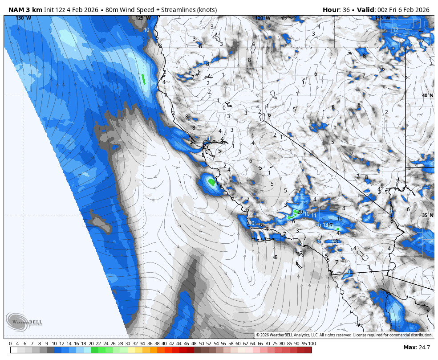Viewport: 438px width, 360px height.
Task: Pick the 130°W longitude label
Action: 23,18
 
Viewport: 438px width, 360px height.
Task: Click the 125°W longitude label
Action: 143,18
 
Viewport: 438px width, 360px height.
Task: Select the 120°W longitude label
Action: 263,18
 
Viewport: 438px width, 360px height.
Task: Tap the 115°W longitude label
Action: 382,18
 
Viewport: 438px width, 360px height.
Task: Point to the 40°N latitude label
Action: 427,96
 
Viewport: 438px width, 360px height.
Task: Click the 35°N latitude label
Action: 427,216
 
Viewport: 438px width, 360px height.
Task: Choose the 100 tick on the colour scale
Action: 312,344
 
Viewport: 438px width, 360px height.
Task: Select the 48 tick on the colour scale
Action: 194,344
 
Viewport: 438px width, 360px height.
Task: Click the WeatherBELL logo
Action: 18,322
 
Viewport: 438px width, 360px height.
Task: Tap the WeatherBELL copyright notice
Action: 344,335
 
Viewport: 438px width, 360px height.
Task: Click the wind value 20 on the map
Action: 300,212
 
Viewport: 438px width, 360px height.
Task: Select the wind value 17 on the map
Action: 330,225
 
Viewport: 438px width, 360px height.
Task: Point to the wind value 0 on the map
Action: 224,107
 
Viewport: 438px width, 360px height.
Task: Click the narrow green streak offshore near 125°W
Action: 143,79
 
